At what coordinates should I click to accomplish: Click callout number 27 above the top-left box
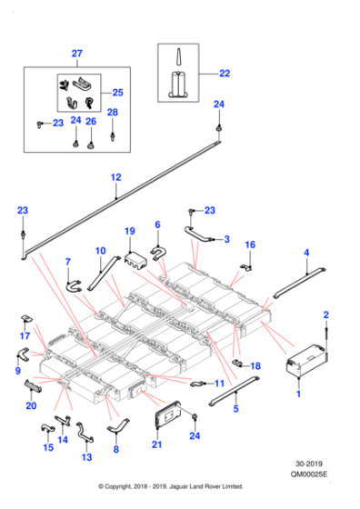[75, 54]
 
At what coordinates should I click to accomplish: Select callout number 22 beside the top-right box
[225, 73]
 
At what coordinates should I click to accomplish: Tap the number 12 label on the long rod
[115, 177]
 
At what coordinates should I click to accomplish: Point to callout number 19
[129, 231]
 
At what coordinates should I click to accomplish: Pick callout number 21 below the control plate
[155, 444]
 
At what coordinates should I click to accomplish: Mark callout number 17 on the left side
[24, 335]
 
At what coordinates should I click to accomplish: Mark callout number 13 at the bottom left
[86, 457]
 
